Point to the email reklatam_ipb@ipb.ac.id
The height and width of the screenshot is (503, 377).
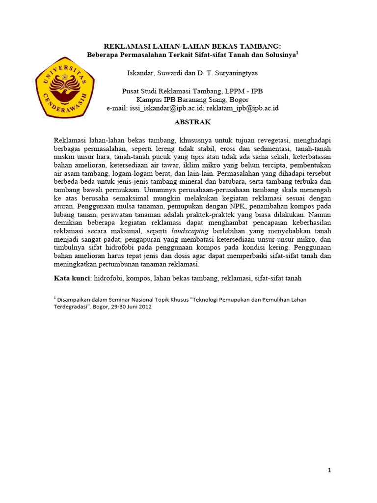(x=242, y=108)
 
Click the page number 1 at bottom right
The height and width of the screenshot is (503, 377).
(x=330, y=470)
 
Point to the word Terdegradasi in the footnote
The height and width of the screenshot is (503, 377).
(x=72, y=307)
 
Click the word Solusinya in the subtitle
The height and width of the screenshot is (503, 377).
(x=279, y=55)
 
